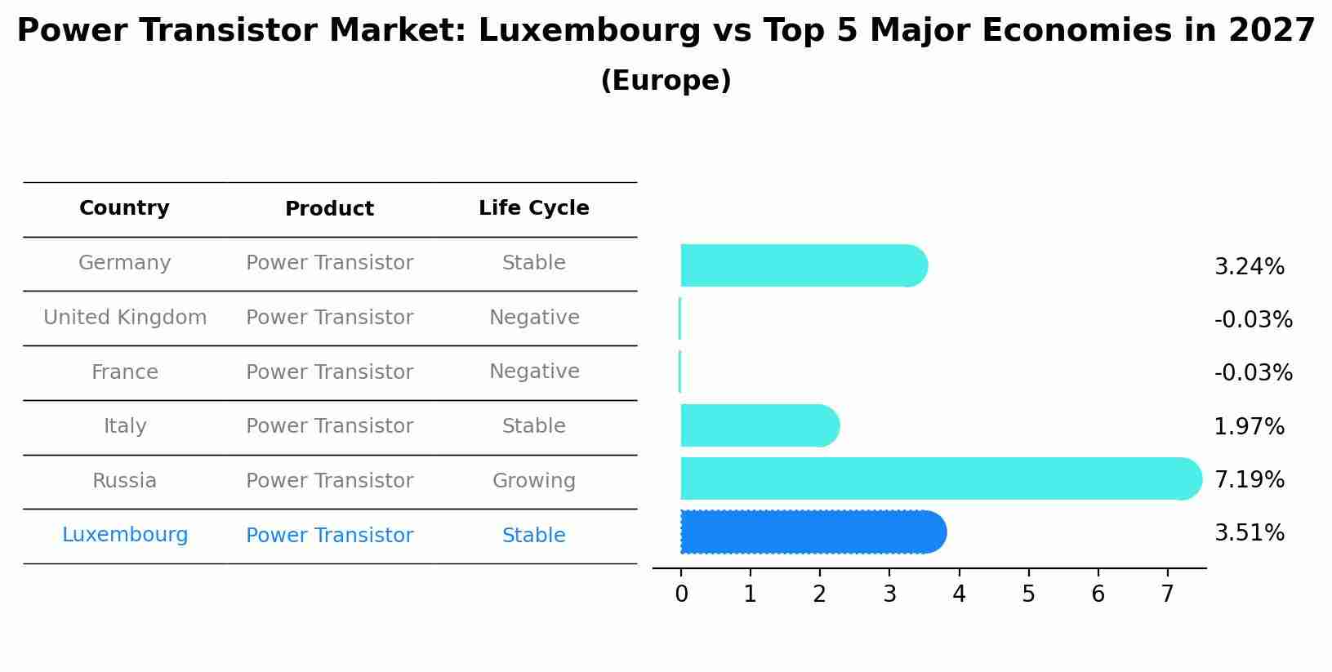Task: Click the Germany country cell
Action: (x=124, y=263)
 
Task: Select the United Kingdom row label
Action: (x=124, y=318)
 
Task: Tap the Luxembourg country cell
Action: (x=124, y=536)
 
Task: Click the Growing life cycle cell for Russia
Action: (x=533, y=481)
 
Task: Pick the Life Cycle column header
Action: (x=533, y=208)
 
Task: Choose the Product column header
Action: (x=329, y=209)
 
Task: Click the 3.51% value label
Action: (x=1249, y=533)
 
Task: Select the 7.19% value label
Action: (x=1249, y=479)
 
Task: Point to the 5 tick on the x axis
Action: (x=1028, y=594)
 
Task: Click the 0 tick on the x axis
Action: (x=681, y=594)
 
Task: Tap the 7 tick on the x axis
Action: (x=1167, y=594)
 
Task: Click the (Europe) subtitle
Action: (x=666, y=81)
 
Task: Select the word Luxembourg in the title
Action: (x=589, y=31)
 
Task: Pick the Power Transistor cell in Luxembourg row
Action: (x=329, y=536)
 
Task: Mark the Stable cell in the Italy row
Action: (x=533, y=426)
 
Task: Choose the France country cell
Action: (x=124, y=372)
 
